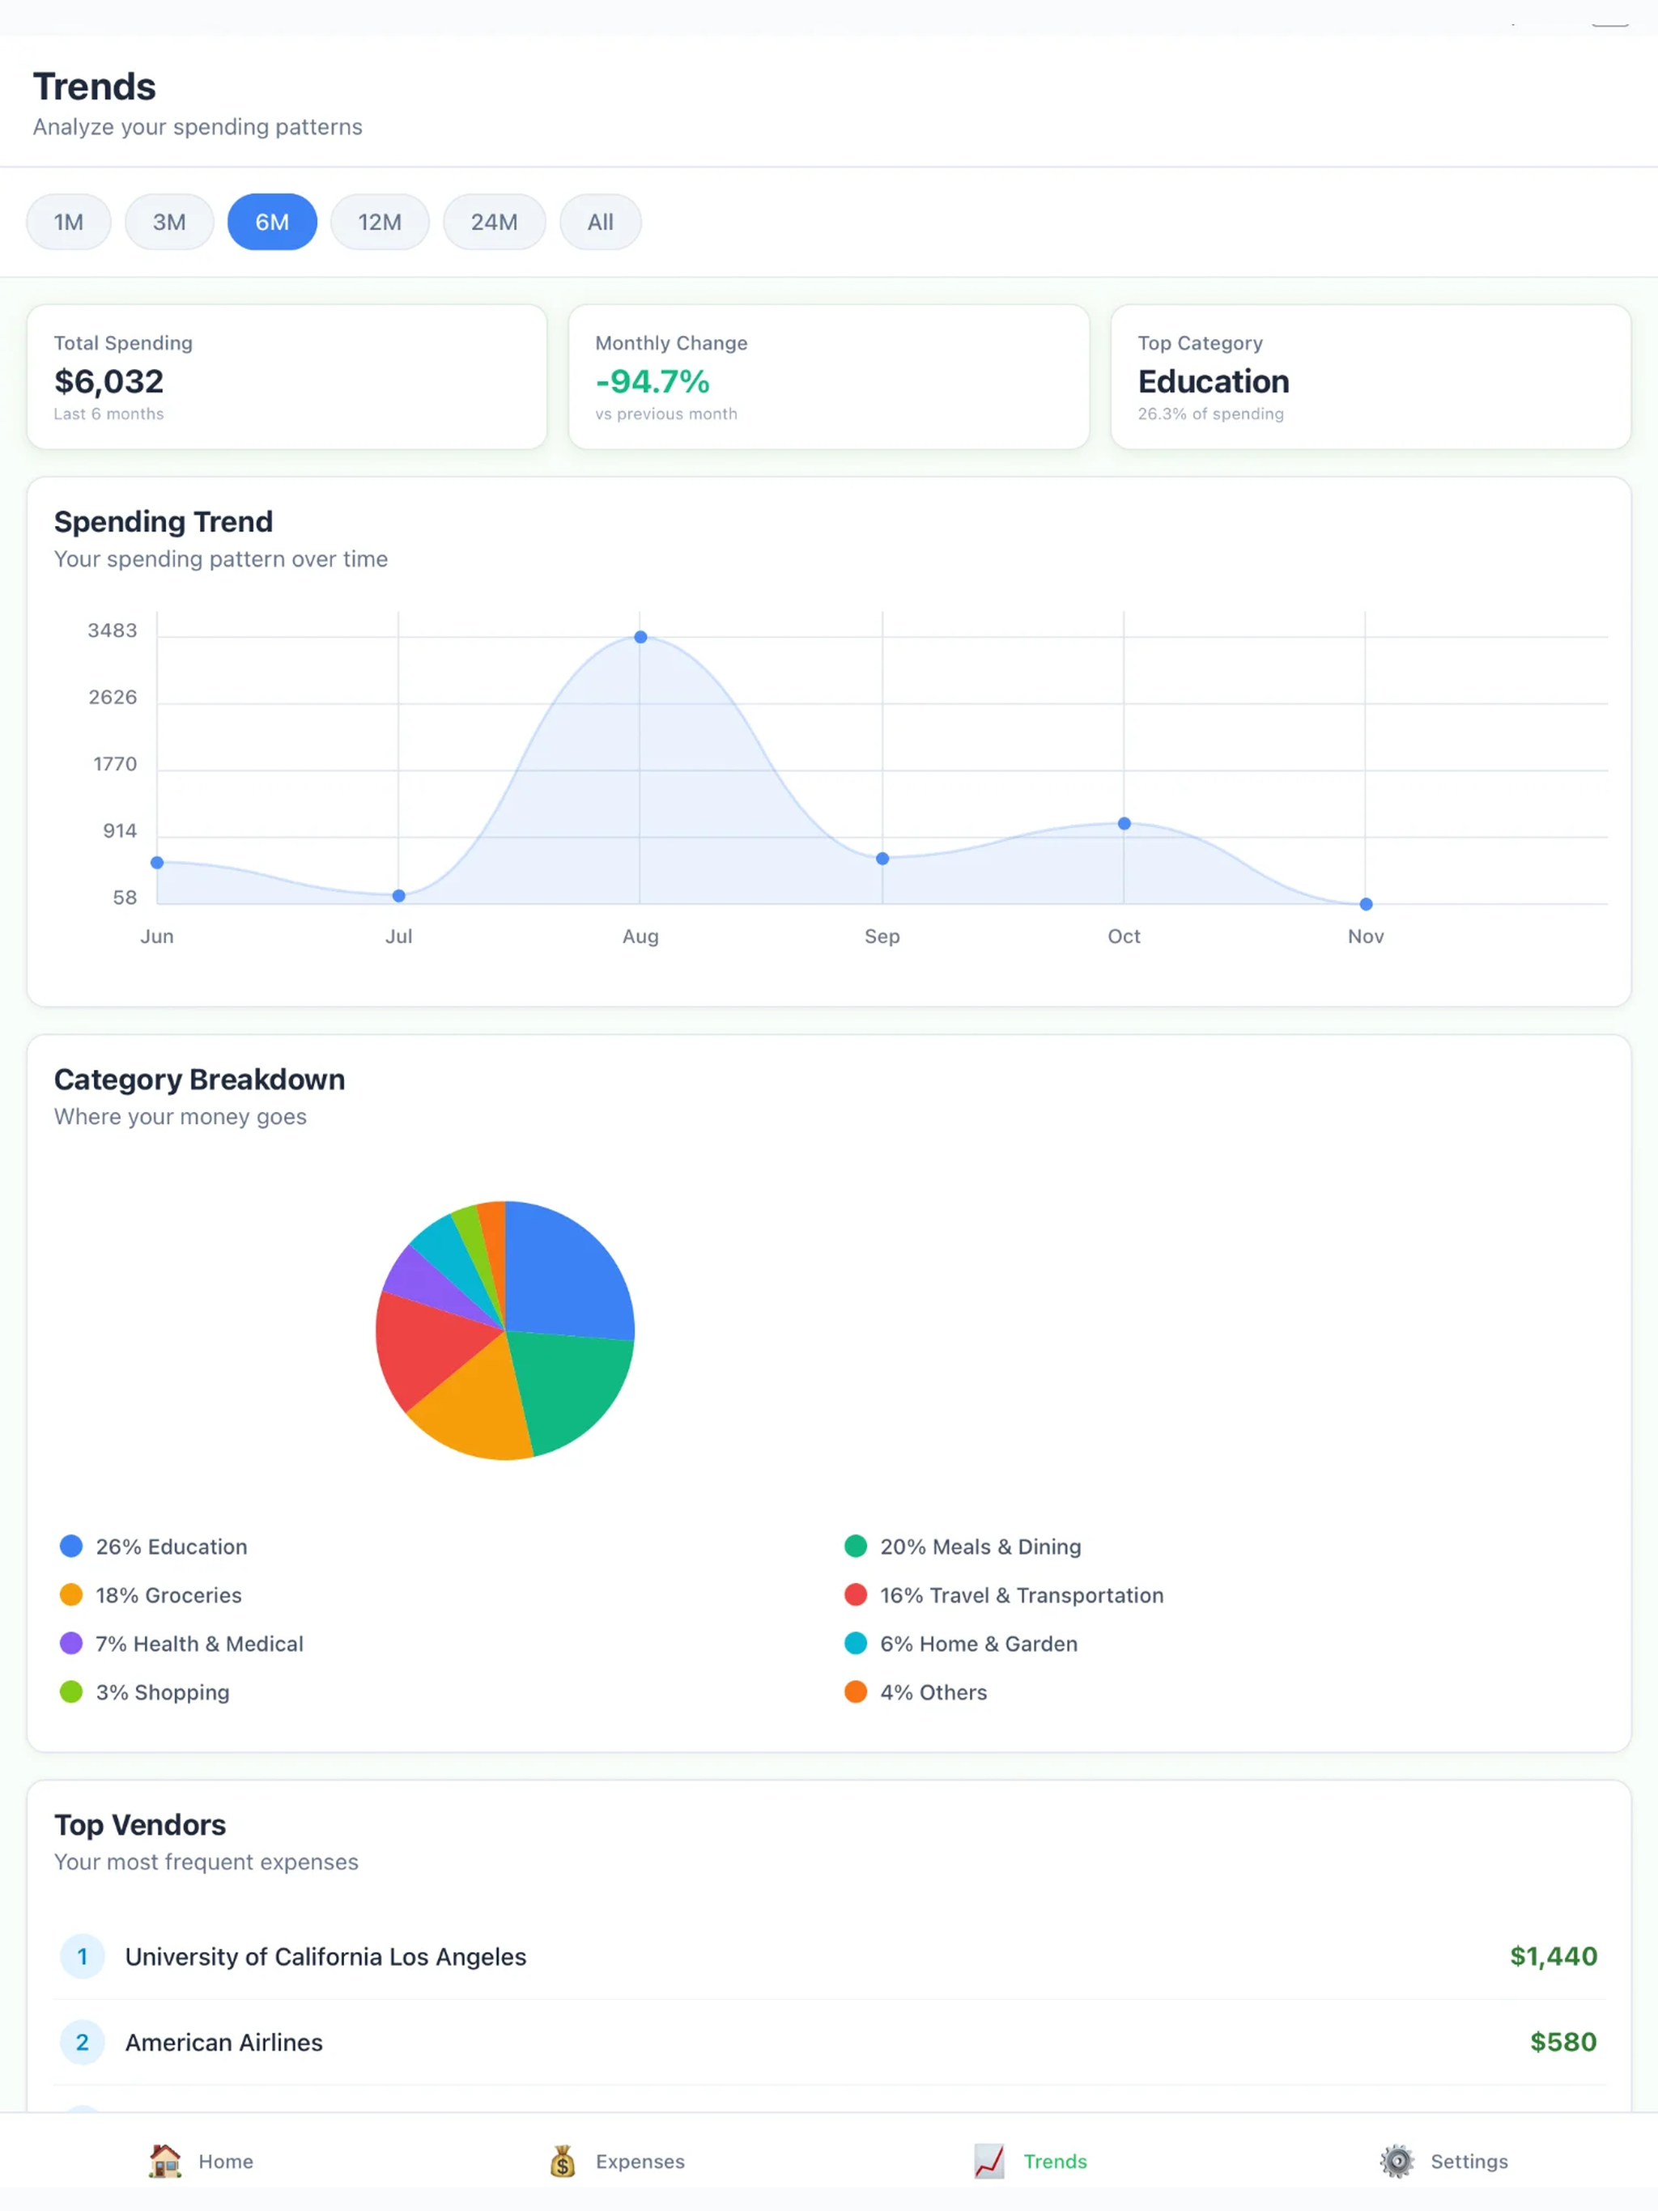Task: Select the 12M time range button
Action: [380, 222]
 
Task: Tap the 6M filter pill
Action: [272, 222]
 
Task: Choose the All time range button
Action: [600, 222]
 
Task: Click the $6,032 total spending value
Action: [109, 382]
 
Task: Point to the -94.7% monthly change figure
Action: [652, 382]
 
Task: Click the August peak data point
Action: [641, 637]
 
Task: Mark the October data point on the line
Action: [1124, 824]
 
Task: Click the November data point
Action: [1366, 905]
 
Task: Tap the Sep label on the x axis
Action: [882, 936]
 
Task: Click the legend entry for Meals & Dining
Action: [963, 1547]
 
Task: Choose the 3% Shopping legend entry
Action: [145, 1692]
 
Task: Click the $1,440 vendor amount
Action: [1553, 1956]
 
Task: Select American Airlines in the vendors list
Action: [224, 2042]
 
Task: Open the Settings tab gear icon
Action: [1397, 2161]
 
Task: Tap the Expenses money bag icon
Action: [563, 2161]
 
